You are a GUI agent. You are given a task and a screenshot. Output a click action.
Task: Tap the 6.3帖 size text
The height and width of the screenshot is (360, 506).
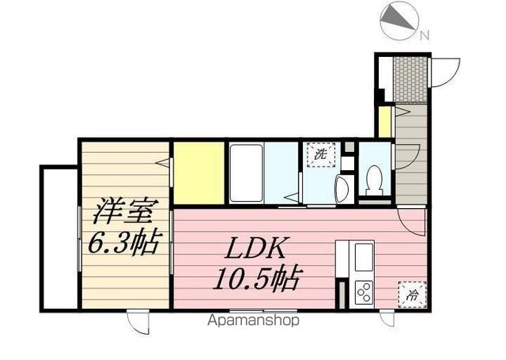pos(124,242)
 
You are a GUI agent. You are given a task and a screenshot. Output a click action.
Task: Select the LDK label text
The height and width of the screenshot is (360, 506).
pos(255,248)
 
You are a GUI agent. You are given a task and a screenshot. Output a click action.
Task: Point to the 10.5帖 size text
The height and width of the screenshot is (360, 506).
pos(257,279)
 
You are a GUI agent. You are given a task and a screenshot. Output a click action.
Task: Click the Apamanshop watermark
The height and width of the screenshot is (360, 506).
pos(253,320)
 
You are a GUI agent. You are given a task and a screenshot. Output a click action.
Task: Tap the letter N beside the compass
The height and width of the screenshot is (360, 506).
pos(425,35)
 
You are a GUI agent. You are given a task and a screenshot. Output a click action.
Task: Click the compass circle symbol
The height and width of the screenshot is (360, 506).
pos(399,21)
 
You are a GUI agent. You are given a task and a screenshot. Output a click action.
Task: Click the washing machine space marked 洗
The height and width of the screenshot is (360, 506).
pos(321,154)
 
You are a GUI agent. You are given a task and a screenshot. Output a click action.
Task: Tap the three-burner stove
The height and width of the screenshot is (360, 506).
pos(364,292)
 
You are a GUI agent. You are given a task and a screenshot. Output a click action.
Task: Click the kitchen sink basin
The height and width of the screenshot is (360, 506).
pos(364,257)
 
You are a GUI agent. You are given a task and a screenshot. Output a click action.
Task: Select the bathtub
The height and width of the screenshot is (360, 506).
pos(246,173)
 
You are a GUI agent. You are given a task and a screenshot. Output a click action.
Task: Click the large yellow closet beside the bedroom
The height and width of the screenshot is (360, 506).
pos(199,172)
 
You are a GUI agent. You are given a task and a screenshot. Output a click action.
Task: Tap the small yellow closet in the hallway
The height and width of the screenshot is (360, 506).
pos(384,121)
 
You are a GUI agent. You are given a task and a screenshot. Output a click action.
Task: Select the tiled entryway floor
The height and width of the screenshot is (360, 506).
pos(410,80)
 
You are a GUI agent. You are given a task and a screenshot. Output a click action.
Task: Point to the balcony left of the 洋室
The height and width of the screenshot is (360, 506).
pos(59,239)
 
